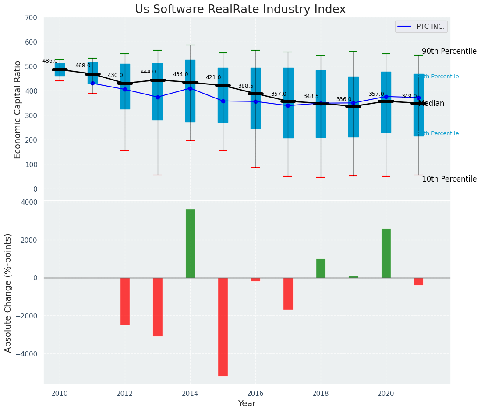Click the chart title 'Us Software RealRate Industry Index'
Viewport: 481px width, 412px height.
[240, 10]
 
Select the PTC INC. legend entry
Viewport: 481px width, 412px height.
[421, 27]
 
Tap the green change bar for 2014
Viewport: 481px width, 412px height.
[190, 244]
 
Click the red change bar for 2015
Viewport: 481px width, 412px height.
[223, 327]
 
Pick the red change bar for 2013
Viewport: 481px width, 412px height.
[158, 307]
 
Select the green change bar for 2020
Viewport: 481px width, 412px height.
[386, 253]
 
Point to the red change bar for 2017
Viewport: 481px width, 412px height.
[288, 293]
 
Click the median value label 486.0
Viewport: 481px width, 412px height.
[50, 61]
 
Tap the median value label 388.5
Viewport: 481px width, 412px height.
[246, 86]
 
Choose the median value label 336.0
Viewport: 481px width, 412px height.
[344, 99]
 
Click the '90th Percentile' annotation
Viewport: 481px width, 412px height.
[449, 51]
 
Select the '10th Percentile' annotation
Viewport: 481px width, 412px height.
[449, 179]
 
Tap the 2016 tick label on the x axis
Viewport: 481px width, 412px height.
[255, 393]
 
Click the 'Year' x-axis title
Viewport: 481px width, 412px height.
[247, 404]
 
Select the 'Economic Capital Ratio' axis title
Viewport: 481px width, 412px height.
[18, 109]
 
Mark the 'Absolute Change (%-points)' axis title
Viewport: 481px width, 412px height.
[8, 293]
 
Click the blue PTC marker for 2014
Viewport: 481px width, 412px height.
[190, 88]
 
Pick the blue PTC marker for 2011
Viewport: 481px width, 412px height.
[92, 83]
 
